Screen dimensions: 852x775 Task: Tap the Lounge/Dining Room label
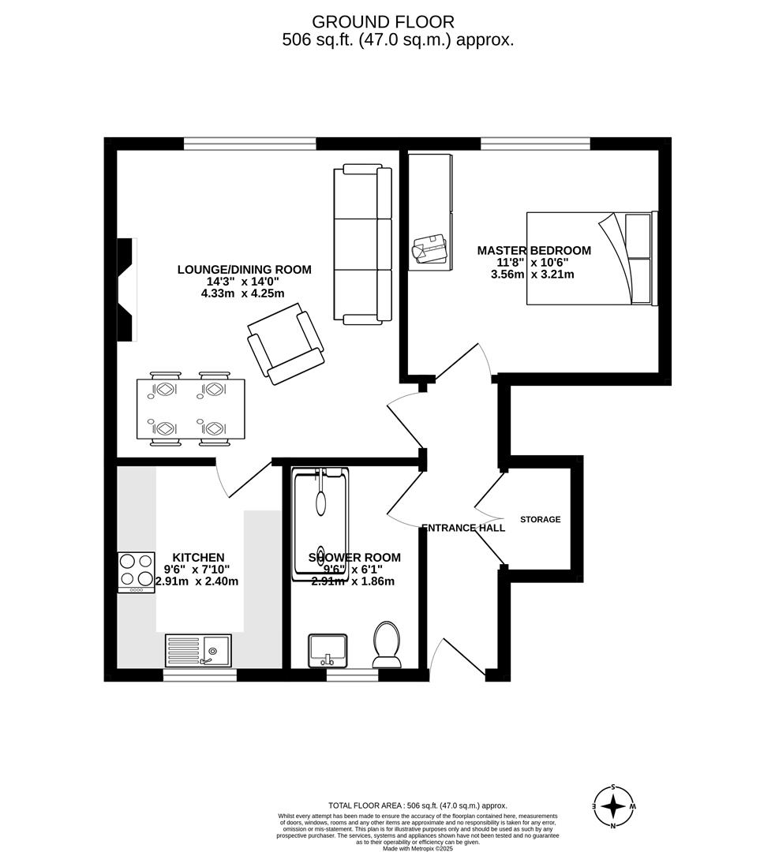(x=244, y=270)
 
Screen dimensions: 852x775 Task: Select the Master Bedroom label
(x=534, y=251)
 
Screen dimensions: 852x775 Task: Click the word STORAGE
(x=541, y=520)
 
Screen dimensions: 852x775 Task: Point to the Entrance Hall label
(x=463, y=528)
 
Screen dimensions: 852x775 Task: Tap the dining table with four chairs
(x=190, y=409)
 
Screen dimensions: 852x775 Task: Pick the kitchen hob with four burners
(x=137, y=572)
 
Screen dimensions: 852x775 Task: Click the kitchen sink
(x=198, y=651)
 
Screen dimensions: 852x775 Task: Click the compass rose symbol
(x=613, y=806)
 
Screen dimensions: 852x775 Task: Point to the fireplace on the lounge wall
(x=126, y=290)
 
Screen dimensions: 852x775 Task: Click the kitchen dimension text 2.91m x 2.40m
(x=197, y=581)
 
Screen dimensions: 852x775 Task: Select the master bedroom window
(x=535, y=144)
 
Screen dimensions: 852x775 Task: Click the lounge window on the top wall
(x=249, y=144)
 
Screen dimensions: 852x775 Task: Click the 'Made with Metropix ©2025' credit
(x=417, y=848)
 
